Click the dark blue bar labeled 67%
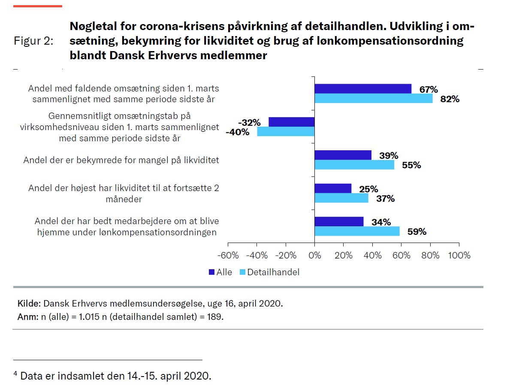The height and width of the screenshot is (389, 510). coord(363,88)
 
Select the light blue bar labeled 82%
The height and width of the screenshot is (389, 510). coord(374,98)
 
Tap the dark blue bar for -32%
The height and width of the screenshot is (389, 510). coord(292,122)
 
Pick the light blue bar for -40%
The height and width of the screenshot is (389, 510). coord(286,131)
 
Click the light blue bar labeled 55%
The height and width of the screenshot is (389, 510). coord(354,164)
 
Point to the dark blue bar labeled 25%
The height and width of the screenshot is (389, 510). coord(333,188)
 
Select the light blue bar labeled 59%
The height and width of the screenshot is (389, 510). coord(357,231)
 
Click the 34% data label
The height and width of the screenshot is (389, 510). coord(381,222)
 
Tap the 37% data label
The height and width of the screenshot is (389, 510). coord(385,198)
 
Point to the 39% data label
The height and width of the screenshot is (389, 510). coord(389,155)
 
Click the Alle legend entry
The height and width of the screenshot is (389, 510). coord(220,272)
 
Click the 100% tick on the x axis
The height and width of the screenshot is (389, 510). coord(459,255)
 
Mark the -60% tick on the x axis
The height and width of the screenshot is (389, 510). coord(228,255)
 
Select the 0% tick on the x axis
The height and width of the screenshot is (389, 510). coord(315,255)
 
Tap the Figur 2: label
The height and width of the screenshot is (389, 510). coord(34,41)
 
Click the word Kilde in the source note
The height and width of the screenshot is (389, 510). coord(28,304)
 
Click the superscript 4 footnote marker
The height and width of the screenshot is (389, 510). coord(15,374)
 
